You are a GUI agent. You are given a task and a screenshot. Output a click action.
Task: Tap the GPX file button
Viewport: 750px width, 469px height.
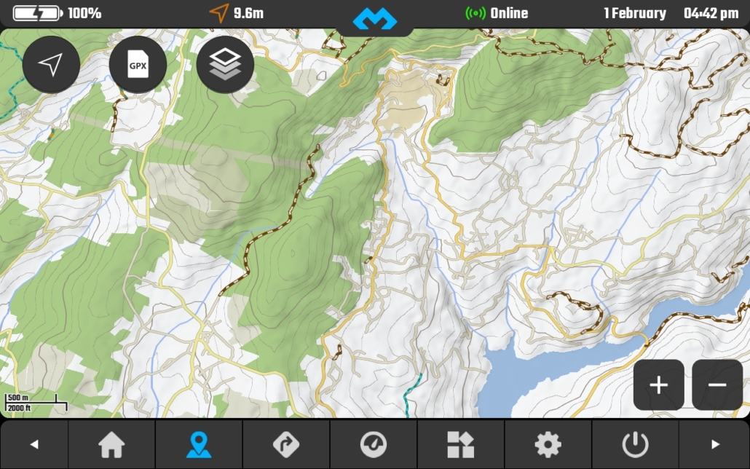coord(138,65)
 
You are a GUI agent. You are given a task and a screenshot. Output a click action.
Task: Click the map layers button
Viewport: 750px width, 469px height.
coord(225,65)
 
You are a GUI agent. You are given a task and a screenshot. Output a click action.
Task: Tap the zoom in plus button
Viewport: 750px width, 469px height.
coord(658,385)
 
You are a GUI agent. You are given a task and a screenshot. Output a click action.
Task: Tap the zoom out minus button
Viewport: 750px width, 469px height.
coord(717,385)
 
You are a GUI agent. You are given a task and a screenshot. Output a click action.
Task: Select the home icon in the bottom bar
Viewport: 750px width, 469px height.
coord(111,444)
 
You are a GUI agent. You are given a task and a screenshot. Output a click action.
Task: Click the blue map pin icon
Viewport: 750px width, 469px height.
coord(198,444)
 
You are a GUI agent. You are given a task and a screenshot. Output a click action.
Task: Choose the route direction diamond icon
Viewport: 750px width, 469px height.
coord(285,444)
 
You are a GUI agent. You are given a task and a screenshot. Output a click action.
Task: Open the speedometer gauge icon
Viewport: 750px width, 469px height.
coord(373,444)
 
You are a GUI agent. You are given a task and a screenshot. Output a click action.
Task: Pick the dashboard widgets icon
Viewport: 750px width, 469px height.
coord(460,444)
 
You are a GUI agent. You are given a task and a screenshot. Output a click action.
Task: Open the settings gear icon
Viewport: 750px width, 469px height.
coord(548,444)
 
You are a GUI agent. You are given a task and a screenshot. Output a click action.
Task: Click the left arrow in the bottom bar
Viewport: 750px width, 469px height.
coord(33,444)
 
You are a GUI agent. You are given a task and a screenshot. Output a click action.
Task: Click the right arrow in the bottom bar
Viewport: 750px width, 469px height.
coord(715,444)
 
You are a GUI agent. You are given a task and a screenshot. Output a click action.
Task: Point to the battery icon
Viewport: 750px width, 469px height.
coord(38,13)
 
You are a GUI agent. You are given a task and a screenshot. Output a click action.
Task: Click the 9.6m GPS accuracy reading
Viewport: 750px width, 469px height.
coord(248,13)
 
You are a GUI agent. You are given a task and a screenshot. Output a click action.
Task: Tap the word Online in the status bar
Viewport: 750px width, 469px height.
coord(509,13)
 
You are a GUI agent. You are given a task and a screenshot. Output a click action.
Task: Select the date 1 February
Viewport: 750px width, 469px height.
coord(634,13)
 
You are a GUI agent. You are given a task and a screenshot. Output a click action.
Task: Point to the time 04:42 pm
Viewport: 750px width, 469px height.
coord(711,13)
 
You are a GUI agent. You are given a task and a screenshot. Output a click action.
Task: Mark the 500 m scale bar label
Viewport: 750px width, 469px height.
coord(19,398)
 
